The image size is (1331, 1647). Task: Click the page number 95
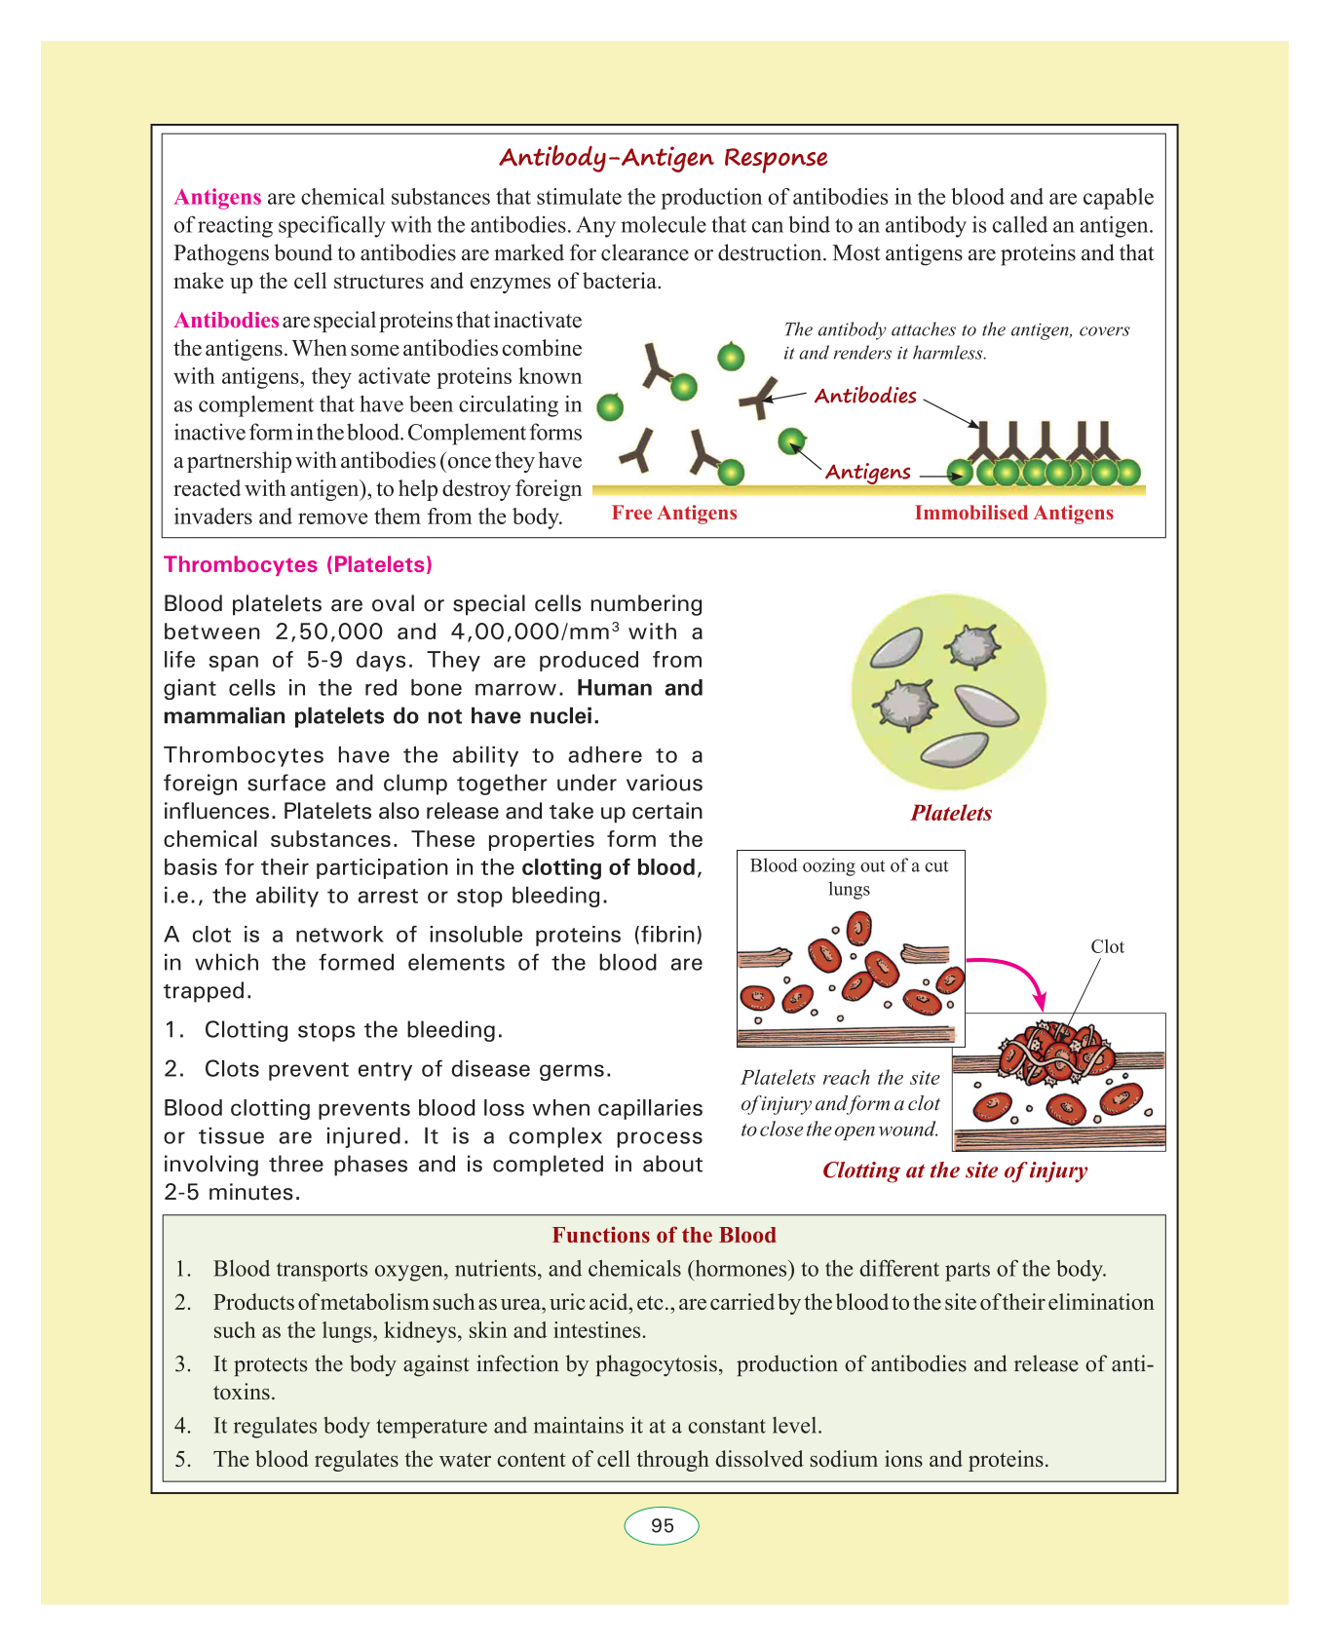(x=662, y=1526)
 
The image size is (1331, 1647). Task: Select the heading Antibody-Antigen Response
(x=664, y=158)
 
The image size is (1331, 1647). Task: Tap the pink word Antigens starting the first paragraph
(x=217, y=198)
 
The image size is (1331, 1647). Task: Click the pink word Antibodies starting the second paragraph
(x=226, y=321)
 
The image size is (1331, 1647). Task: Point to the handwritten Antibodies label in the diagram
(x=865, y=396)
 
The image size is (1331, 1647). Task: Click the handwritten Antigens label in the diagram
(x=867, y=473)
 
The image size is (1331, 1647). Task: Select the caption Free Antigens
(x=674, y=514)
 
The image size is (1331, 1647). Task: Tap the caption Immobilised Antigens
(x=1013, y=514)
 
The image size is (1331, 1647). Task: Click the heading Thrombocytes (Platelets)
(x=298, y=565)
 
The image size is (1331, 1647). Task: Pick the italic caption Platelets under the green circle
(x=951, y=814)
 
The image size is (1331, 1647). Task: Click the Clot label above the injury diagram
(x=1107, y=947)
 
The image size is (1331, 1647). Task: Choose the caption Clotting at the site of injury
(x=955, y=1170)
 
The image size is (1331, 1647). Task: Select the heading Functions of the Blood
(x=664, y=1236)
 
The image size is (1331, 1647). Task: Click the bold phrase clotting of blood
(x=610, y=868)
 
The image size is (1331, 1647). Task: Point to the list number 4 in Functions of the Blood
(x=182, y=1427)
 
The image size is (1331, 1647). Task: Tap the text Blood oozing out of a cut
(x=849, y=866)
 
